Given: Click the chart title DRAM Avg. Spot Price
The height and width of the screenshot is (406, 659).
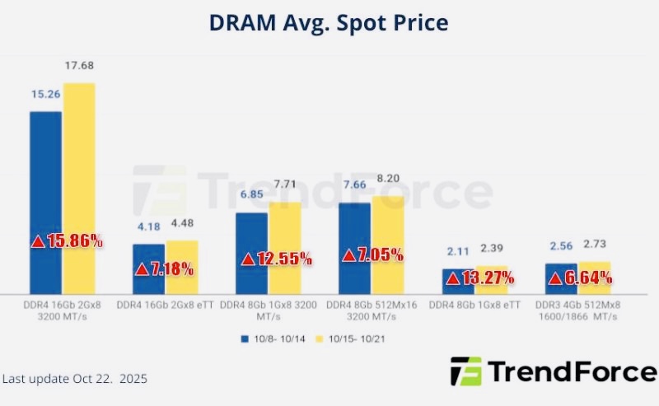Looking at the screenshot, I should pyautogui.click(x=329, y=22).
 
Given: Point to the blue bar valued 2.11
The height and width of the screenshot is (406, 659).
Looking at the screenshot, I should pyautogui.click(x=457, y=281).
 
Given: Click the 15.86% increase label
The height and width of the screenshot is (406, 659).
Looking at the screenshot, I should pyautogui.click(x=68, y=241).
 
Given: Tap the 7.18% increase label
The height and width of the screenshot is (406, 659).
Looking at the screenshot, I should pyautogui.click(x=165, y=268).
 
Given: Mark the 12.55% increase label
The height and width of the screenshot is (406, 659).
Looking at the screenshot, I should pyautogui.click(x=277, y=259).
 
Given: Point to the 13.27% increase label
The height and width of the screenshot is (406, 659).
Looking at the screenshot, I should pyautogui.click(x=479, y=278).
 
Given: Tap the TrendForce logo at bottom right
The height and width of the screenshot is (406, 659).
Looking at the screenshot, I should pyautogui.click(x=553, y=372).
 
